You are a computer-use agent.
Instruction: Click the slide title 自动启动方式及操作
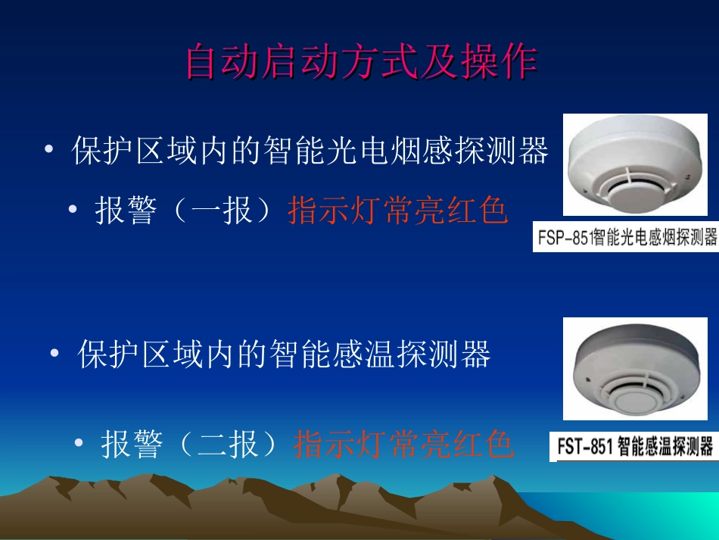point(361,63)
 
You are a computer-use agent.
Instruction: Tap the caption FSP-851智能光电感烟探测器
point(626,238)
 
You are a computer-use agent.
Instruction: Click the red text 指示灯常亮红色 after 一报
point(397,211)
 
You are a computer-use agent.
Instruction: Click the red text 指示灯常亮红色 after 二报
point(403,445)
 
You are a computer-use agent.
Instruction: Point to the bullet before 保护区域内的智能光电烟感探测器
point(49,151)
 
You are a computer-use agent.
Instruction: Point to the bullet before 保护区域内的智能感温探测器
point(54,354)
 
